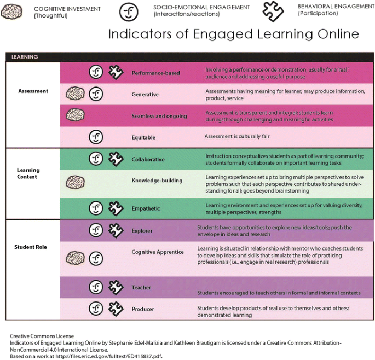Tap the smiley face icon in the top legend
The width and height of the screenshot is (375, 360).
(130, 11)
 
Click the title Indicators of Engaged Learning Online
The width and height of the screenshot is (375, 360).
(233, 34)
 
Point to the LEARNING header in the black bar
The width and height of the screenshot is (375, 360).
(25, 57)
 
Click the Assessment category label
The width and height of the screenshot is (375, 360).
(33, 91)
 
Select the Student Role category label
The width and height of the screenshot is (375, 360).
(30, 247)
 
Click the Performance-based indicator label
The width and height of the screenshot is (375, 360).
(155, 73)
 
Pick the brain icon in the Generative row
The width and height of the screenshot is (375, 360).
(75, 94)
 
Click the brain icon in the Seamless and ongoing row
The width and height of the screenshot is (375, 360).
(75, 115)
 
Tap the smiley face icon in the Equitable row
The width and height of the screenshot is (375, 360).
(96, 137)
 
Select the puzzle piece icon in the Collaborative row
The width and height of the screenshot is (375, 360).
(116, 159)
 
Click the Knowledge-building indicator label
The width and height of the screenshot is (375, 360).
(157, 181)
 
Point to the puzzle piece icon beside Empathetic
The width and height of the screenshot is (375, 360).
(116, 208)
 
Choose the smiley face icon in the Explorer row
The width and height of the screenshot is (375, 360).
(96, 230)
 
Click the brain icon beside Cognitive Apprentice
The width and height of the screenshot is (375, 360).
(75, 258)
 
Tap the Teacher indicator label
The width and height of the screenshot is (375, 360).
(141, 288)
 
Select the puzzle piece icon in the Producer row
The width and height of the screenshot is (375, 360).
(116, 309)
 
